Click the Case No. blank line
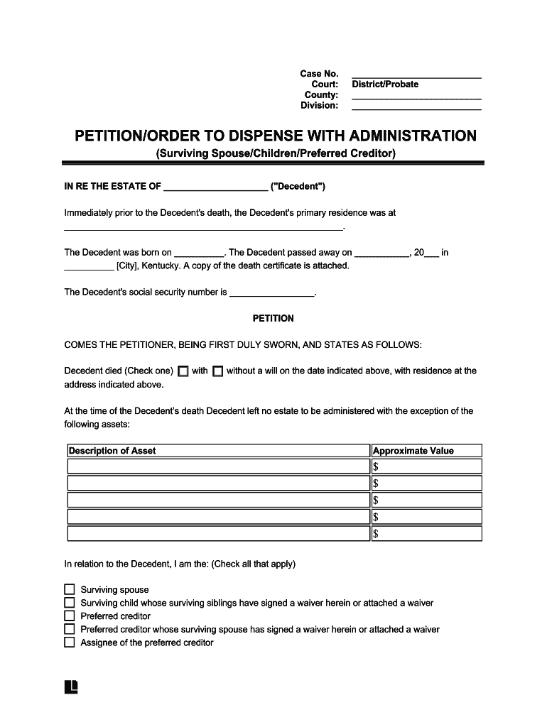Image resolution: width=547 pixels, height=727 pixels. [416, 74]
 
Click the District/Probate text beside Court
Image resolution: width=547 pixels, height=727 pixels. [385, 84]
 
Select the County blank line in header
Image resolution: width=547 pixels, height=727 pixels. [416, 95]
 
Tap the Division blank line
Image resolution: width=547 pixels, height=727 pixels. [416, 106]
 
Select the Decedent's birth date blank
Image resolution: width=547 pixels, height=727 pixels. [198, 253]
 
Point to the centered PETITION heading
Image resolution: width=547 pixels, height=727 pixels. [273, 319]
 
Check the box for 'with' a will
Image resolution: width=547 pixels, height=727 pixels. [183, 371]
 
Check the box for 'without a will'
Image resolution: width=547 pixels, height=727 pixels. [218, 371]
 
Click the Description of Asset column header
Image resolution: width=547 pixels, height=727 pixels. [112, 451]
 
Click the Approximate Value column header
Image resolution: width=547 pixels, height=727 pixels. [413, 451]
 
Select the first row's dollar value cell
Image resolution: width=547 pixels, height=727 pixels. [426, 466]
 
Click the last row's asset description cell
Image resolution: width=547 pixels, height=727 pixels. [218, 534]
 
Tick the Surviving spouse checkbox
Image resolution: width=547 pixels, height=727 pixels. [70, 590]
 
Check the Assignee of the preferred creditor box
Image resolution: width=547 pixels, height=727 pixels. [70, 643]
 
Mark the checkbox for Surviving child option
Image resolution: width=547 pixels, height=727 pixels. [70, 603]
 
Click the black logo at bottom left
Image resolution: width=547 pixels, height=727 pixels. [71, 687]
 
